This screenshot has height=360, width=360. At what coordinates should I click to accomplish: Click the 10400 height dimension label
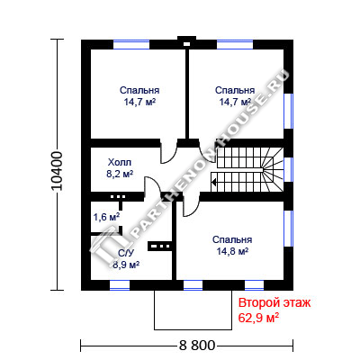tap(57, 171)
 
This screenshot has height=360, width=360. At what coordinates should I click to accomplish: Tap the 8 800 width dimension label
tap(197, 346)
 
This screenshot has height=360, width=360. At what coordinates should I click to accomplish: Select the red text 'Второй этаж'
tap(274, 303)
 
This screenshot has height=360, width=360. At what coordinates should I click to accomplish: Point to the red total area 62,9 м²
tap(258, 318)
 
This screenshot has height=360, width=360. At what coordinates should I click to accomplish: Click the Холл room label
tap(120, 163)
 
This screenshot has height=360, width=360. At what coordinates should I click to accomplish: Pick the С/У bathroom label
tap(125, 254)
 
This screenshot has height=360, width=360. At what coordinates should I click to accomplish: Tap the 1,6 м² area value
tap(106, 217)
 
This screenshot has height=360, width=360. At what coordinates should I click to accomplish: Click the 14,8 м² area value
tap(232, 251)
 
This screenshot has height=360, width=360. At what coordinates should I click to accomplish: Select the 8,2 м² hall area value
tap(120, 174)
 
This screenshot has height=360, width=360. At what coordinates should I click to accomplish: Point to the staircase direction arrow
tap(214, 182)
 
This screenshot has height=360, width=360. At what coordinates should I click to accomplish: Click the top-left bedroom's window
tap(131, 44)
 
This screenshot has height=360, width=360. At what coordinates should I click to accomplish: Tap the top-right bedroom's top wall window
tap(235, 44)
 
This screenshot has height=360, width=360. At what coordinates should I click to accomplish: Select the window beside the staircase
tap(288, 169)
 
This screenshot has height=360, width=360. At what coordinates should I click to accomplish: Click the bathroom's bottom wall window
tap(120, 285)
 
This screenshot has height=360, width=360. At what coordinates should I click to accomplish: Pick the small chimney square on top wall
tap(186, 44)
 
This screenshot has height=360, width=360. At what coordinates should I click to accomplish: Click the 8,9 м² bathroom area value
tap(126, 265)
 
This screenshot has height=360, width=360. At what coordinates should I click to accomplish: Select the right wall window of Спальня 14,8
tap(288, 229)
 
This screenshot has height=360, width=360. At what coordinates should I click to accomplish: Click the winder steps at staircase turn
tap(273, 170)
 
